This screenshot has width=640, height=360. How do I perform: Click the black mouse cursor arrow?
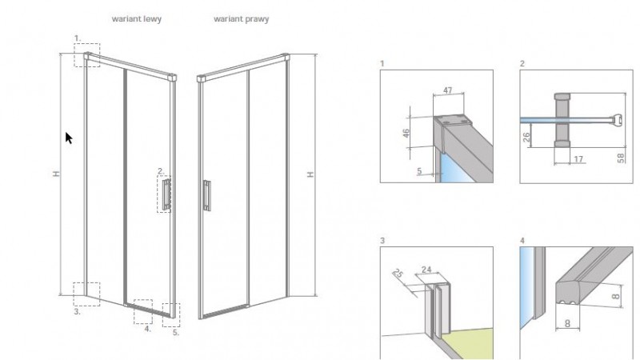click(x=69, y=138)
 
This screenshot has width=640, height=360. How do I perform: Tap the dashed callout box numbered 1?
click(x=86, y=54)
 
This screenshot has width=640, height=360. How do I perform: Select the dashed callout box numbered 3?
click(x=86, y=294)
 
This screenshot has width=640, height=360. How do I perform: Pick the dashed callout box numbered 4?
click(x=142, y=311)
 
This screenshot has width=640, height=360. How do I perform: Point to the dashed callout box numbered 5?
click(x=171, y=314)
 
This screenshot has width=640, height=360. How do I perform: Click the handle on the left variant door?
click(x=166, y=194)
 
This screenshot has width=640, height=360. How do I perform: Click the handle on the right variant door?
click(x=206, y=194)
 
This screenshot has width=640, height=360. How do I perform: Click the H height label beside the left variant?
click(x=56, y=174)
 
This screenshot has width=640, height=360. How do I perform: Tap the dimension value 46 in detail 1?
click(x=406, y=133)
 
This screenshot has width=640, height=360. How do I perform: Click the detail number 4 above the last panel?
click(x=522, y=240)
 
